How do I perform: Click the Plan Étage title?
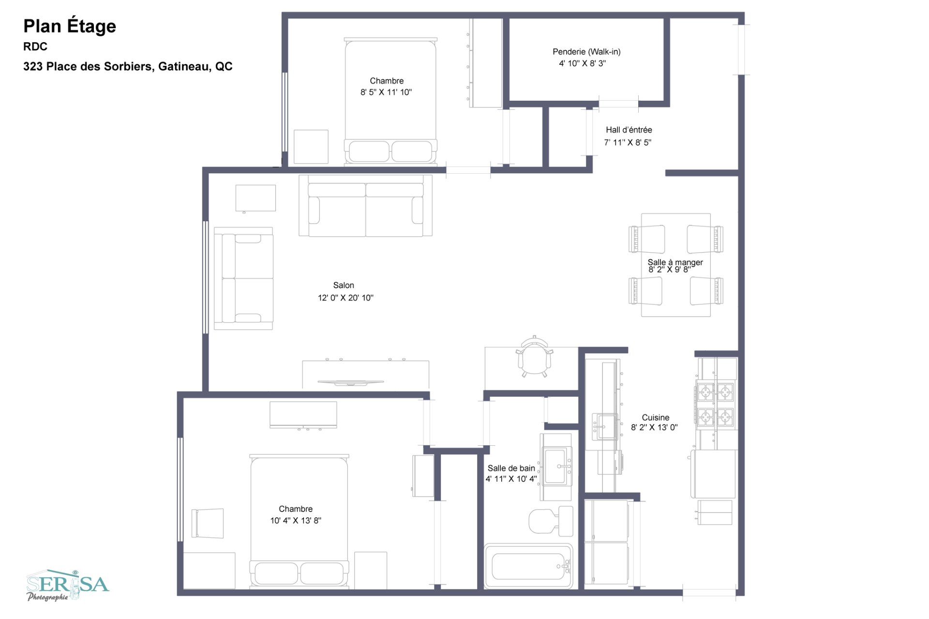click(x=70, y=27)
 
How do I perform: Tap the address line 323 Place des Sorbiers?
click(x=128, y=66)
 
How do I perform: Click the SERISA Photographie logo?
click(x=68, y=586)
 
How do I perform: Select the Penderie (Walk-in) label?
click(x=586, y=51)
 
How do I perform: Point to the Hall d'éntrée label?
click(x=629, y=130)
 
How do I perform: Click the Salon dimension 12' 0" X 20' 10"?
click(x=345, y=298)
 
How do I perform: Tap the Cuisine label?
click(x=656, y=417)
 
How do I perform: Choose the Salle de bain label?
click(x=511, y=468)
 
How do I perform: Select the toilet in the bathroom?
click(x=551, y=521)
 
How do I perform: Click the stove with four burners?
click(x=715, y=405)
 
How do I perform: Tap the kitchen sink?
click(x=604, y=426)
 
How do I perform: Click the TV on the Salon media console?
click(x=351, y=383)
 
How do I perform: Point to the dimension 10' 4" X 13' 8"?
click(x=296, y=520)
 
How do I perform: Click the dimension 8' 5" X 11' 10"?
click(x=386, y=92)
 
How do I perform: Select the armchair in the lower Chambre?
click(x=208, y=523)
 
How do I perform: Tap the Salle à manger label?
click(x=675, y=262)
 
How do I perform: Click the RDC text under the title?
click(x=35, y=46)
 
